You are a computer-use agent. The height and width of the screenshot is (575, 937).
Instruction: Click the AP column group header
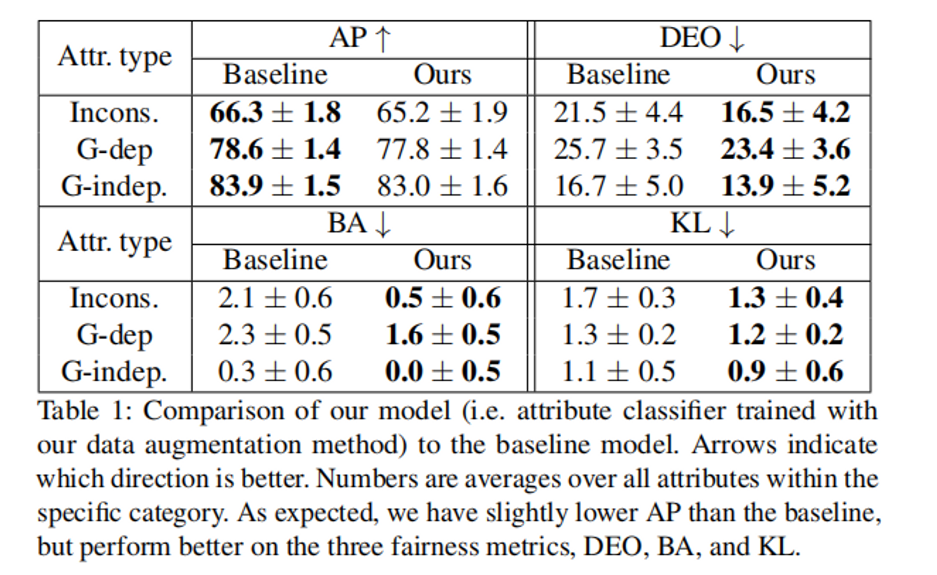coord(360,38)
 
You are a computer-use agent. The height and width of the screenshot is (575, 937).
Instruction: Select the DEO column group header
coord(702,38)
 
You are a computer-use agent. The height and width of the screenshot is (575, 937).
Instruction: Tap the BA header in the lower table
coord(359,224)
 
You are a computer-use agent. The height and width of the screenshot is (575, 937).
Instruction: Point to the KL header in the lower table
coord(702,224)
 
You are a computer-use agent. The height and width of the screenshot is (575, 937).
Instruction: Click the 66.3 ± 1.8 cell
coord(275,113)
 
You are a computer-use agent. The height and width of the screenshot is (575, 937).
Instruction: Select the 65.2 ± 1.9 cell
coord(442,113)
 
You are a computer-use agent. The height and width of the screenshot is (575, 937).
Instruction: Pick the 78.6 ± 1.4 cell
coord(275,149)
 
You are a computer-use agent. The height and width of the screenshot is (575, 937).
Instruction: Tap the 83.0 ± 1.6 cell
coord(442,186)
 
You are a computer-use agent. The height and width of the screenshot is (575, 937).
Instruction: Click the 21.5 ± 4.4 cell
coord(618,113)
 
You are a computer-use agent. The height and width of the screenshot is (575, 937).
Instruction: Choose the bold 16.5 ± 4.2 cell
coord(785,113)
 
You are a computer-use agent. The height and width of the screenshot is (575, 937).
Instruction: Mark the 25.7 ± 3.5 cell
coord(618,149)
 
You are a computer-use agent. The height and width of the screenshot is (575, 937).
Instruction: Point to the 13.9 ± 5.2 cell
coord(785,186)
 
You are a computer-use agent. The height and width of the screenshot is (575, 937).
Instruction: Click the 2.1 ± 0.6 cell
coord(275,298)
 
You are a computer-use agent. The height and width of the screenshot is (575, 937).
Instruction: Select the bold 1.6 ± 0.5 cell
coord(443,335)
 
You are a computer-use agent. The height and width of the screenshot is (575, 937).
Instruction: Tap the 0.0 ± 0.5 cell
coord(443,371)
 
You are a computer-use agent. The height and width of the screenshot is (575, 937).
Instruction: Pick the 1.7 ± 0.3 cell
coord(618,298)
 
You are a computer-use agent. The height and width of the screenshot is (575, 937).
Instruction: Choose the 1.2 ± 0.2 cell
coord(785,335)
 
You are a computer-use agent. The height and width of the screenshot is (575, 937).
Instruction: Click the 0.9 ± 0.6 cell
coord(785,371)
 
